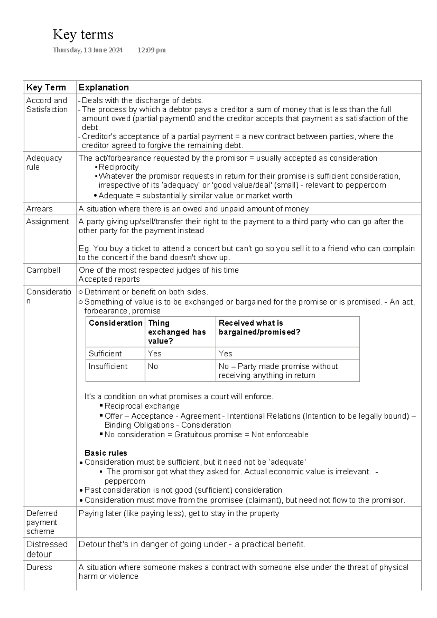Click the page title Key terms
83,35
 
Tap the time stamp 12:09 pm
151,50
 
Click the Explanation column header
104,87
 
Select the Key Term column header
46,87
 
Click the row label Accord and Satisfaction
47,105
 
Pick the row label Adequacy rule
44,163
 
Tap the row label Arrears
39,209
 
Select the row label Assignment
47,222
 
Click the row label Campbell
43,270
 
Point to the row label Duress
39,567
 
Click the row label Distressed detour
47,549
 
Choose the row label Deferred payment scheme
42,522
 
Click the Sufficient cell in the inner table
105,353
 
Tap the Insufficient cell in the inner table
108,366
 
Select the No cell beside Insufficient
153,366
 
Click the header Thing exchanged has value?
177,332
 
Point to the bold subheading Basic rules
106,453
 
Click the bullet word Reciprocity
118,167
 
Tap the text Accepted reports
109,279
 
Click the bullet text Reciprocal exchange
142,406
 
